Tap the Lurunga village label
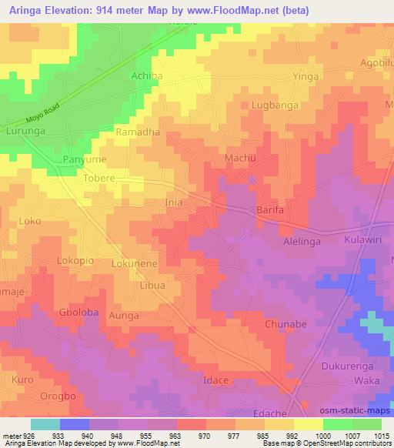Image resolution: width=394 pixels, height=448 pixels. [27, 132]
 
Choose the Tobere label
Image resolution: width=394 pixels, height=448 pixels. [98, 178]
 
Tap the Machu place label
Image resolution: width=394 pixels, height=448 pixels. [239, 158]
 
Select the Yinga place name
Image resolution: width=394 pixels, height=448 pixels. [305, 77]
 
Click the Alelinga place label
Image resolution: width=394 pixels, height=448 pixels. [307, 239]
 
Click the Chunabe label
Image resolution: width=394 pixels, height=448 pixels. [286, 325]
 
